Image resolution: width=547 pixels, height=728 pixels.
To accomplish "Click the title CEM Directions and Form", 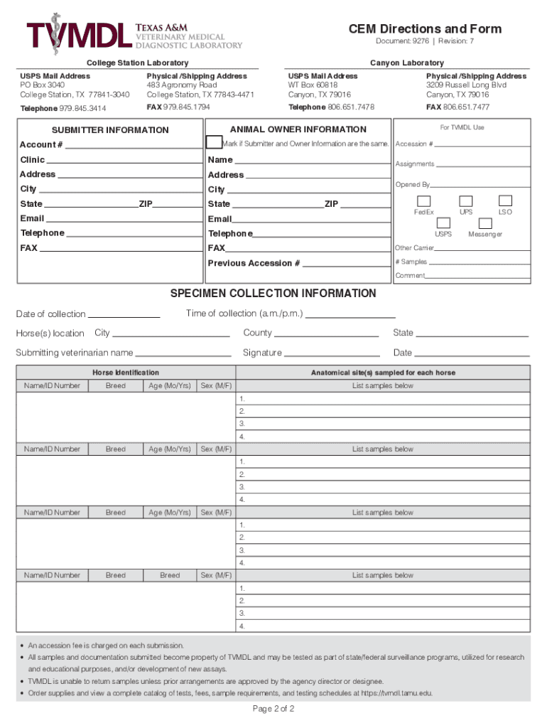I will coord(425,29).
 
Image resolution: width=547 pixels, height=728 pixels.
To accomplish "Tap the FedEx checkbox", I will coord(423,201).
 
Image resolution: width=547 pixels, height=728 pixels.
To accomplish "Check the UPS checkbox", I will coord(466,201).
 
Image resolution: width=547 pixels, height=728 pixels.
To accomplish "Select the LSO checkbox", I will coord(505,201).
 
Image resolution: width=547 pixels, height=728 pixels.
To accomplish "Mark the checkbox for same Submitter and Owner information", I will coord(213,143).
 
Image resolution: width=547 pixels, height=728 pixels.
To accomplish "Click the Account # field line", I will coord(134,146).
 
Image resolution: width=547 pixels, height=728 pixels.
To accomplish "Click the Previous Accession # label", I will coord(254,263).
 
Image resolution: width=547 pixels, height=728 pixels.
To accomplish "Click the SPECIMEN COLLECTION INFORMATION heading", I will coord(273,294).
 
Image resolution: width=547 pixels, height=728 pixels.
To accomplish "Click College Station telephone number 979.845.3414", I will coord(79,107).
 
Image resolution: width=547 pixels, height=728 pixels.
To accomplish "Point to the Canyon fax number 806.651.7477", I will coord(466,107).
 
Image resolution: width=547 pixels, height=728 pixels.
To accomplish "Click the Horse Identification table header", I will coord(126,373).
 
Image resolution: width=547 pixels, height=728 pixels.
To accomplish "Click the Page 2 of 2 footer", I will coord(273,710).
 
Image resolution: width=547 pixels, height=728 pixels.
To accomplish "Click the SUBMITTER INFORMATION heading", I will coord(110,130).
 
